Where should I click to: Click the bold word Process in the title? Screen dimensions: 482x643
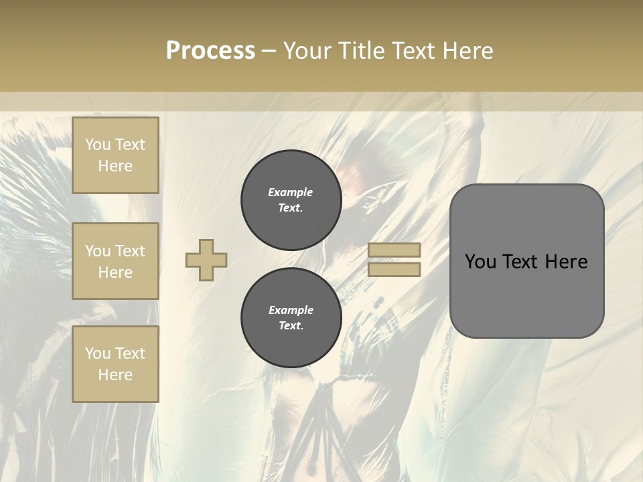(210, 51)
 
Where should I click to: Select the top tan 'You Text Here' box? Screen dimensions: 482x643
(115, 155)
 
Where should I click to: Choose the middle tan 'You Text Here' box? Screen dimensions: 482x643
(115, 261)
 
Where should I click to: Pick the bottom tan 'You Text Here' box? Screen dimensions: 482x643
(115, 364)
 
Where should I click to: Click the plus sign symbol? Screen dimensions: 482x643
(206, 260)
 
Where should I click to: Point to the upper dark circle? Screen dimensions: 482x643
(291, 200)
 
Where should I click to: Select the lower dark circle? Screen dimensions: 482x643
(291, 318)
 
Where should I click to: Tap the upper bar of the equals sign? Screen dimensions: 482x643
(395, 250)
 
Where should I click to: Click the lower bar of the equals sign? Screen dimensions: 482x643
(395, 269)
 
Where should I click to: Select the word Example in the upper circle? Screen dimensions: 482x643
(291, 192)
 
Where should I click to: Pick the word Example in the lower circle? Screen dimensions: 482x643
(291, 310)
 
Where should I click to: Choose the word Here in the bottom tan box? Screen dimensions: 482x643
(115, 375)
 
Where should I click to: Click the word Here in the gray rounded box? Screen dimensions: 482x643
(567, 262)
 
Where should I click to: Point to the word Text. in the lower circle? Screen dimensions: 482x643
(291, 326)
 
